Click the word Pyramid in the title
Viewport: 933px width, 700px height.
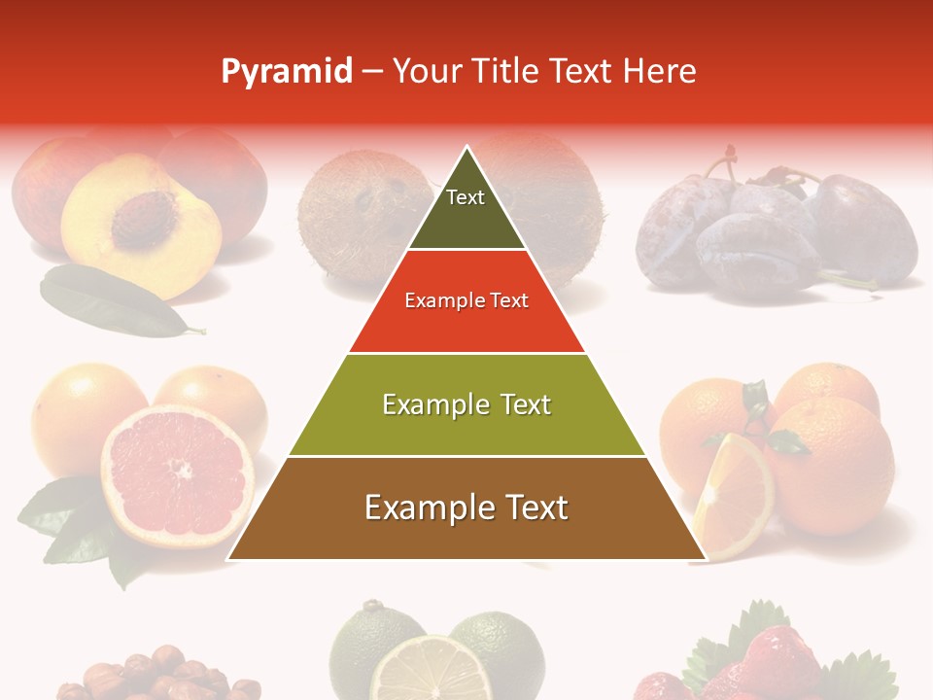[287, 72]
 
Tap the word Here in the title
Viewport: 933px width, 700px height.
[660, 71]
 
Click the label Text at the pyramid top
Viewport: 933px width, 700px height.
[466, 197]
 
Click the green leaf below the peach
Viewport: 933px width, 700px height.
[112, 301]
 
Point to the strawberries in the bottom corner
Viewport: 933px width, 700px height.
[768, 661]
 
